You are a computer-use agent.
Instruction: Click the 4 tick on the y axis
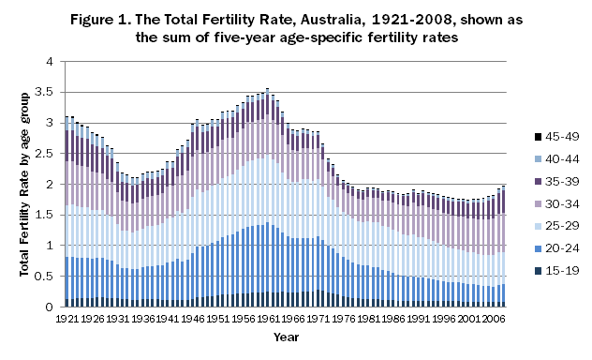pos(51,62)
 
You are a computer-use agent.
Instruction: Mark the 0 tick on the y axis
pos(51,307)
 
